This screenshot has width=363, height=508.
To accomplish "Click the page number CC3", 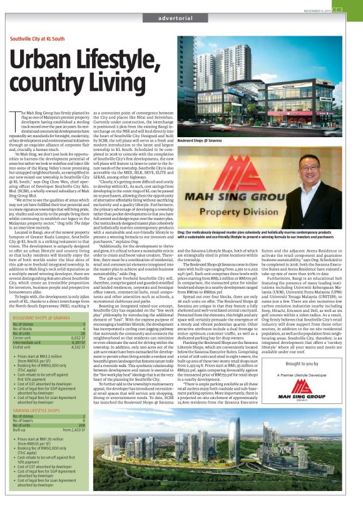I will (x=354, y=9).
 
